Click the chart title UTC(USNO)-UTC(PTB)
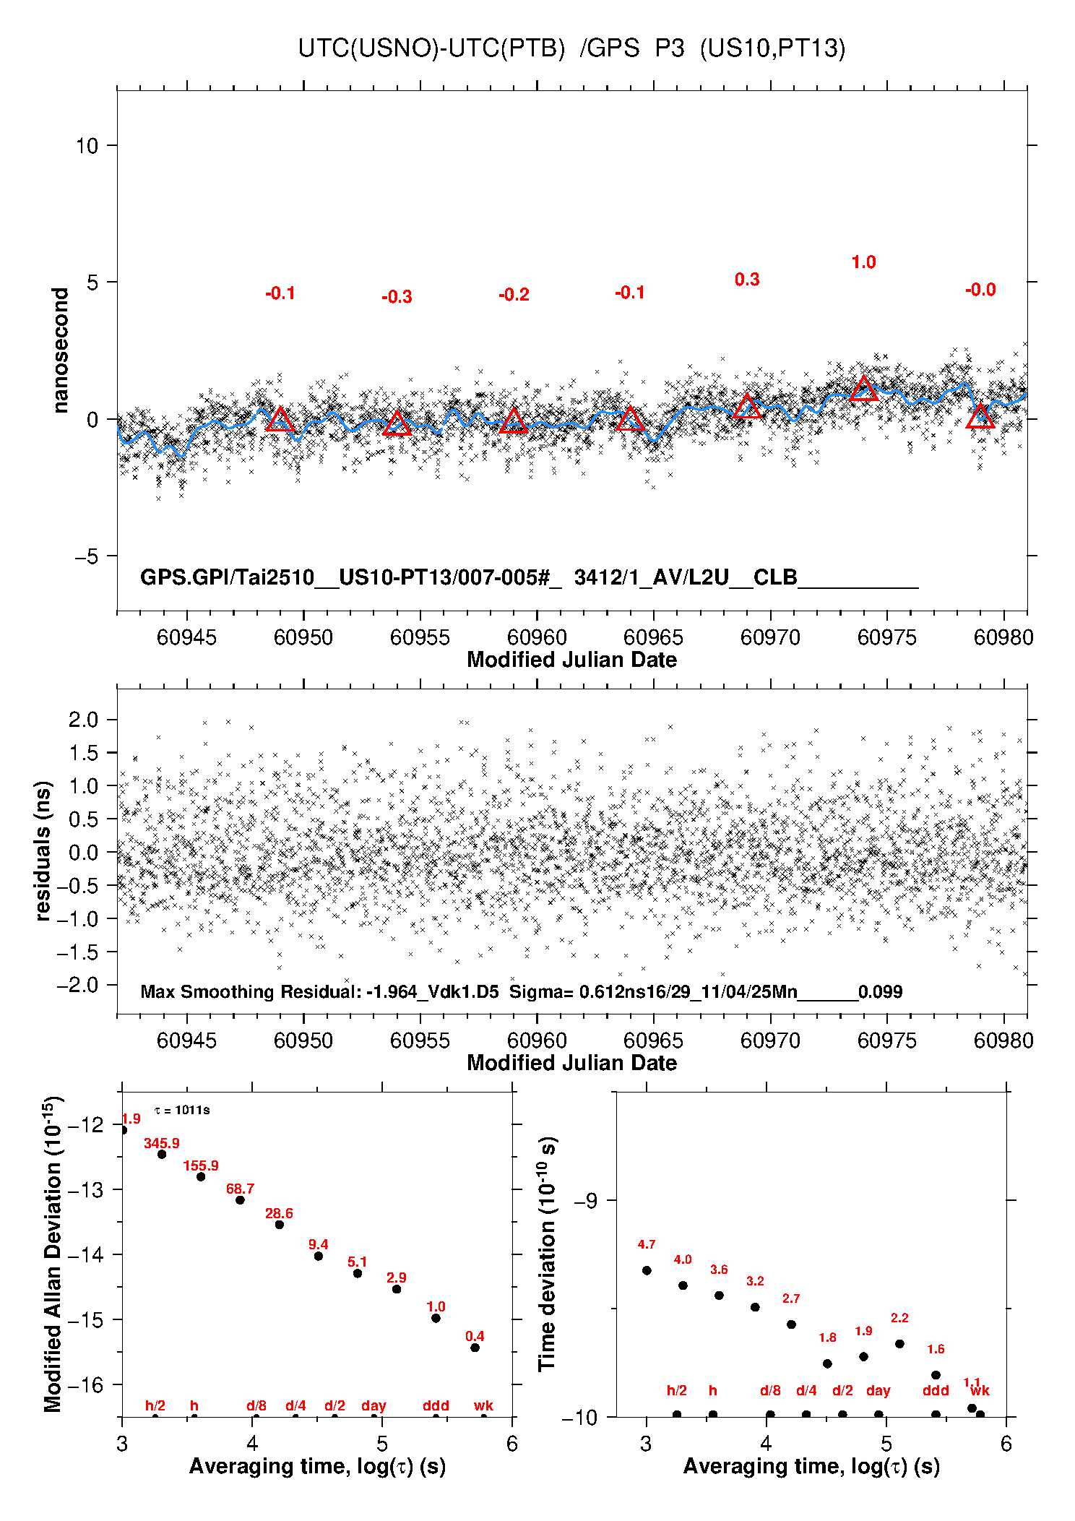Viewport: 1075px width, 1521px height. (431, 48)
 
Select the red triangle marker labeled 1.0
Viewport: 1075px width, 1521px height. (864, 389)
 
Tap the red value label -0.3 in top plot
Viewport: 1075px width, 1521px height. (397, 297)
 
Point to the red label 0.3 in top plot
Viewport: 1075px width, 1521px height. (747, 280)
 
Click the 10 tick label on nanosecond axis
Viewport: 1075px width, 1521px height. (87, 146)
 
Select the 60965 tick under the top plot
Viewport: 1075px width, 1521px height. (653, 637)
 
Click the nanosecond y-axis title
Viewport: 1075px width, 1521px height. (60, 350)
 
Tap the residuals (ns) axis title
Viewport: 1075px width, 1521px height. (43, 850)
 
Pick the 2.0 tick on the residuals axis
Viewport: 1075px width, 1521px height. (83, 720)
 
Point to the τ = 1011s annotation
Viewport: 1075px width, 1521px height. (183, 1110)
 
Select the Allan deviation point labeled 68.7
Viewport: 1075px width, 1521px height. (240, 1200)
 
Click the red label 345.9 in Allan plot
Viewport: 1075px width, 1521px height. (161, 1143)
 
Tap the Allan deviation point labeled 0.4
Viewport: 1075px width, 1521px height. (475, 1348)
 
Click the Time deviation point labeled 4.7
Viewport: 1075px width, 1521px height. (647, 1270)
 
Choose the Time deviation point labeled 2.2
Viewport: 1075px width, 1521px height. (899, 1344)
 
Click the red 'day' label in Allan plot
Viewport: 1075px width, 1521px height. (374, 1405)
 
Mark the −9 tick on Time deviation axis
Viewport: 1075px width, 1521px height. (585, 1200)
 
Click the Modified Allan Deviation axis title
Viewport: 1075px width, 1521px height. (53, 1254)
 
